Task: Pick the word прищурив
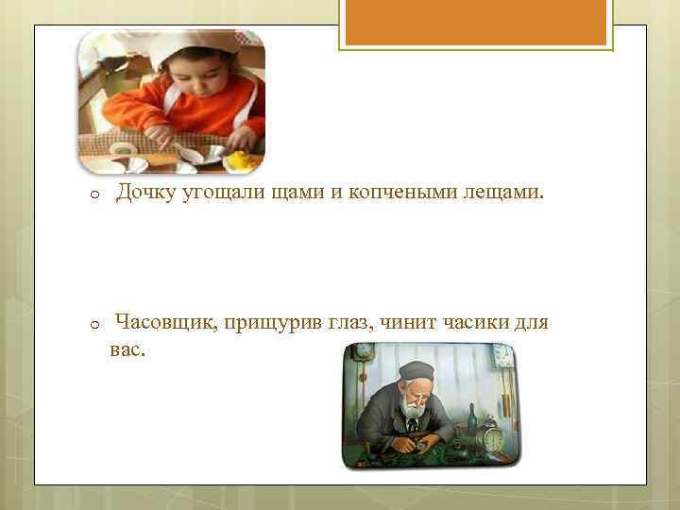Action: coord(275,324)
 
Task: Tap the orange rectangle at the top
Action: coord(475,24)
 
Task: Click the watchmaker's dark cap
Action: coord(416,370)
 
